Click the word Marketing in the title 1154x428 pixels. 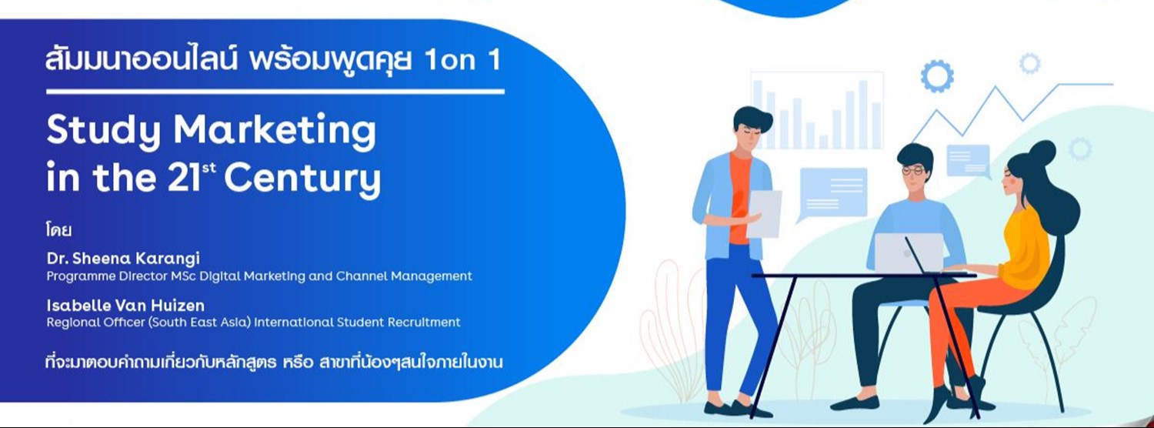pyautogui.click(x=275, y=132)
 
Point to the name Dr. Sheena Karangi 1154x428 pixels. pyautogui.click(x=122, y=258)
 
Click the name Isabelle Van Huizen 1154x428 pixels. pyautogui.click(x=125, y=306)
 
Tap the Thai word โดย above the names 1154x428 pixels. pyautogui.click(x=59, y=229)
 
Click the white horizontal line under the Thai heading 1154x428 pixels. pyautogui.click(x=275, y=92)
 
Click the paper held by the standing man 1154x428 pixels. pyautogui.click(x=764, y=213)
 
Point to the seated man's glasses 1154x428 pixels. pyautogui.click(x=912, y=170)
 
